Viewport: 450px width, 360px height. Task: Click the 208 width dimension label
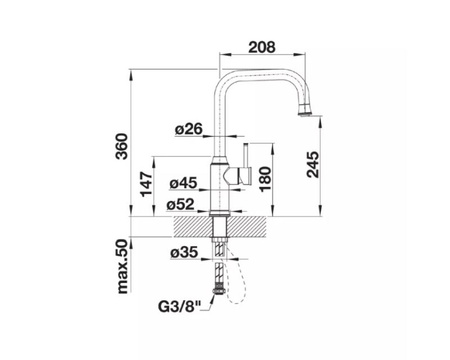pyautogui.click(x=262, y=47)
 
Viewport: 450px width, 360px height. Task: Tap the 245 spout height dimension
pyautogui.click(x=313, y=164)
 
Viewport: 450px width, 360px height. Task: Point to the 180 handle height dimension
pyautogui.click(x=265, y=179)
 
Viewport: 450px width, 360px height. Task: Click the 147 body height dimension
pyautogui.click(x=146, y=184)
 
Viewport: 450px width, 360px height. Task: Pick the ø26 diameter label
pyautogui.click(x=189, y=129)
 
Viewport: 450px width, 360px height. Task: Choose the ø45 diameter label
pyautogui.click(x=183, y=183)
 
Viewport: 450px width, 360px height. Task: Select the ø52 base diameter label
pyautogui.click(x=180, y=204)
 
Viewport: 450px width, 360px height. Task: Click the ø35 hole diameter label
pyautogui.click(x=184, y=252)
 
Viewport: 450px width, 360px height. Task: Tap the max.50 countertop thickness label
pyautogui.click(x=122, y=267)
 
